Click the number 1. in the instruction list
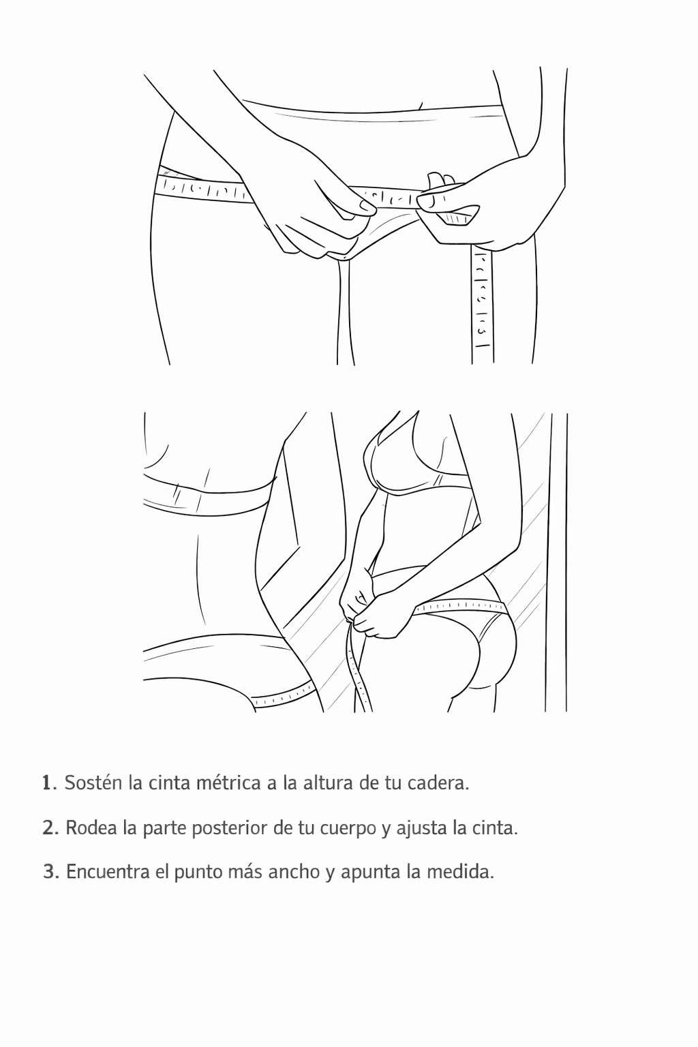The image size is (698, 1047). pyautogui.click(x=49, y=783)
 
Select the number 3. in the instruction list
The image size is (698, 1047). pyautogui.click(x=51, y=872)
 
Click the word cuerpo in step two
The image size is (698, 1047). pyautogui.click(x=348, y=830)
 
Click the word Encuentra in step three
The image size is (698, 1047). pyautogui.click(x=108, y=872)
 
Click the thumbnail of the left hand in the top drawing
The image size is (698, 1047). pyautogui.click(x=365, y=204)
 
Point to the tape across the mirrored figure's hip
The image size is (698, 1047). pyautogui.click(x=461, y=607)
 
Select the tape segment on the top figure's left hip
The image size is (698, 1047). pyautogui.click(x=202, y=188)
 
